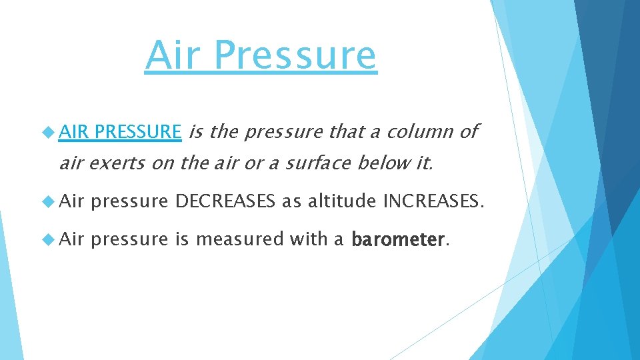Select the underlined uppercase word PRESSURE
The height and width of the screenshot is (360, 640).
click(137, 132)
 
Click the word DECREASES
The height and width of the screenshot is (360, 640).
click(225, 201)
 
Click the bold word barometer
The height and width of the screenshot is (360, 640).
click(397, 239)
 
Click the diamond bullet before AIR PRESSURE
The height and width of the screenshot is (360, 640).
click(50, 133)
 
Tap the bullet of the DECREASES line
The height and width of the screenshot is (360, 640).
click(50, 201)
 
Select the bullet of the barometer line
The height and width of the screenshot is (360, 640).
click(50, 239)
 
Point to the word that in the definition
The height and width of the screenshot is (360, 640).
click(345, 132)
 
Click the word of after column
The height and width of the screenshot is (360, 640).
click(469, 132)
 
